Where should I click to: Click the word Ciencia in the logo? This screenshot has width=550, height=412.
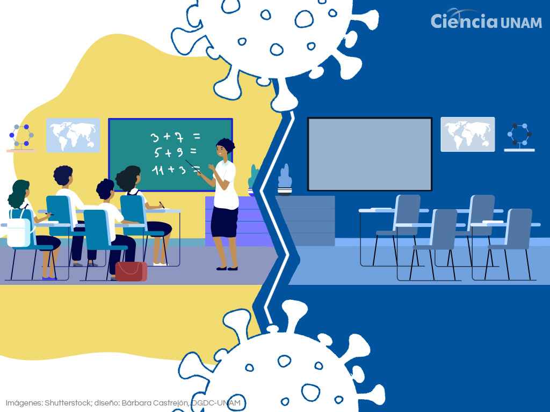[464, 21]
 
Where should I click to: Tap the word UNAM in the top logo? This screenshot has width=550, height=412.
[521, 23]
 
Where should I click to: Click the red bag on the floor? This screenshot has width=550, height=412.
[131, 271]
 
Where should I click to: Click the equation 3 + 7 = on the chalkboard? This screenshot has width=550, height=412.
[175, 137]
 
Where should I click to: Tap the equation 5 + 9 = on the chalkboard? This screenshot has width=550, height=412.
[175, 152]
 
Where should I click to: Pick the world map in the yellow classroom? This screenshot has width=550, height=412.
[73, 135]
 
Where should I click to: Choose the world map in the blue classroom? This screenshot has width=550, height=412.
[468, 135]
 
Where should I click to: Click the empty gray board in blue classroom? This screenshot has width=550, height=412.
[370, 154]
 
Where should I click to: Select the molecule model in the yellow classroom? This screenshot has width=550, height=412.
[21, 137]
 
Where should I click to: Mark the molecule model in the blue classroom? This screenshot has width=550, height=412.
[519, 137]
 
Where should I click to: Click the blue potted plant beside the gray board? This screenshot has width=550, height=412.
[285, 179]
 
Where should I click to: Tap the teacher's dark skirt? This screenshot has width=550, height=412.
[225, 222]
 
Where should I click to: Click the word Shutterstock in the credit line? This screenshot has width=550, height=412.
[67, 403]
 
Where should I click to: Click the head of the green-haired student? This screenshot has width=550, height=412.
[19, 193]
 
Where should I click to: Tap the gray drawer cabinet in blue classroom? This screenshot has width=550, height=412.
[305, 220]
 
